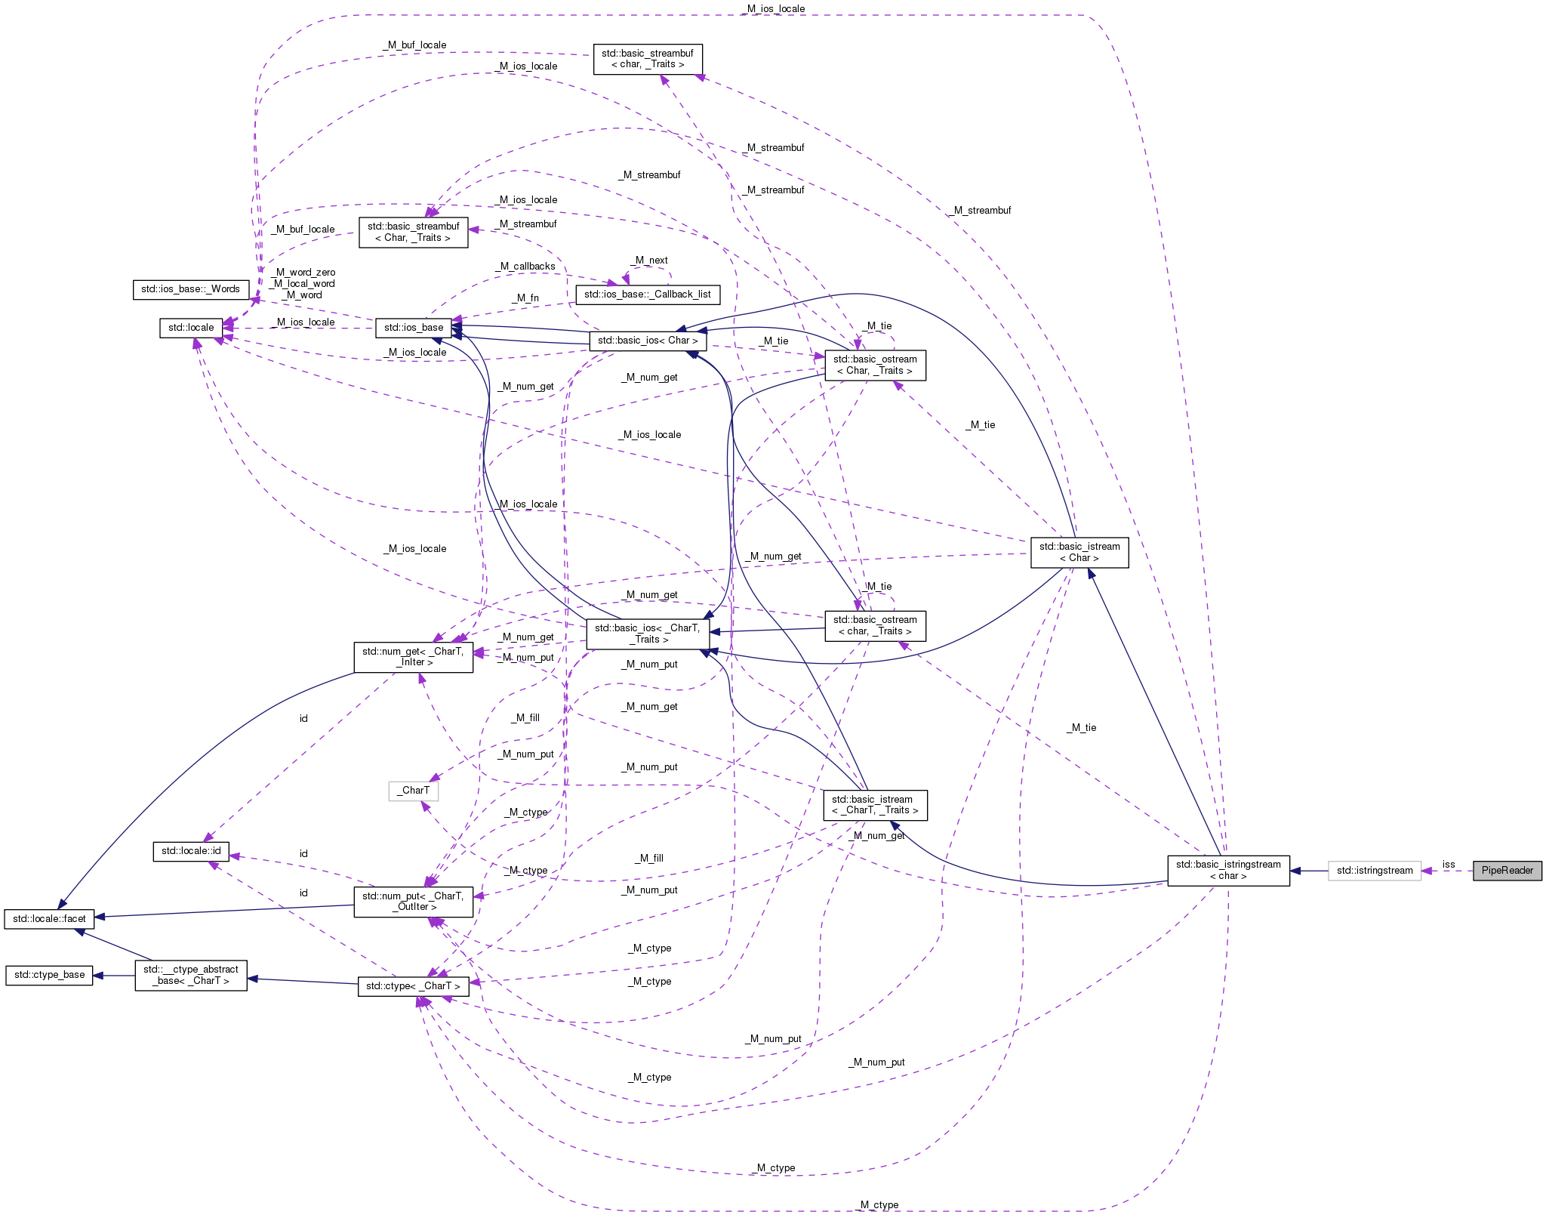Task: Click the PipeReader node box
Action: point(1507,871)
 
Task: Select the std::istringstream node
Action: point(1374,871)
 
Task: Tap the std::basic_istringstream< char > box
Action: point(1228,871)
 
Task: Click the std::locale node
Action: point(191,328)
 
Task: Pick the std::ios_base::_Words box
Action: point(190,289)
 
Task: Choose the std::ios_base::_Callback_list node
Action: point(647,294)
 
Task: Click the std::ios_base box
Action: point(414,328)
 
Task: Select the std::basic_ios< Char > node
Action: point(648,341)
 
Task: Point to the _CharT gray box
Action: point(413,791)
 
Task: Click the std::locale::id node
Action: point(191,851)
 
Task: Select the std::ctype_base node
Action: point(50,975)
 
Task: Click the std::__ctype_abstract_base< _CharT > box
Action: point(191,975)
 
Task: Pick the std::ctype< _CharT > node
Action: point(413,986)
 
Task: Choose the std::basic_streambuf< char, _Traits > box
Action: point(648,59)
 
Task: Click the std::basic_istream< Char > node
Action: point(1079,552)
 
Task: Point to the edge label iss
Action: point(1448,865)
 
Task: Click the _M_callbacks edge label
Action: point(525,267)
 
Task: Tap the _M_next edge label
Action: point(650,261)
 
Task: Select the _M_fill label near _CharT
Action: point(526,718)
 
